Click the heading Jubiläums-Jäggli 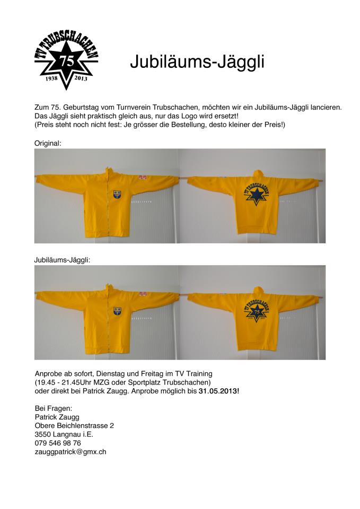coord(197,62)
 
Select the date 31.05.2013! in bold coord(219,391)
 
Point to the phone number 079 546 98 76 coord(58,443)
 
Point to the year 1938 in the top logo coord(52,78)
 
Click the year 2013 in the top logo coord(81,78)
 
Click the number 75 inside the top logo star coord(67,60)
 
